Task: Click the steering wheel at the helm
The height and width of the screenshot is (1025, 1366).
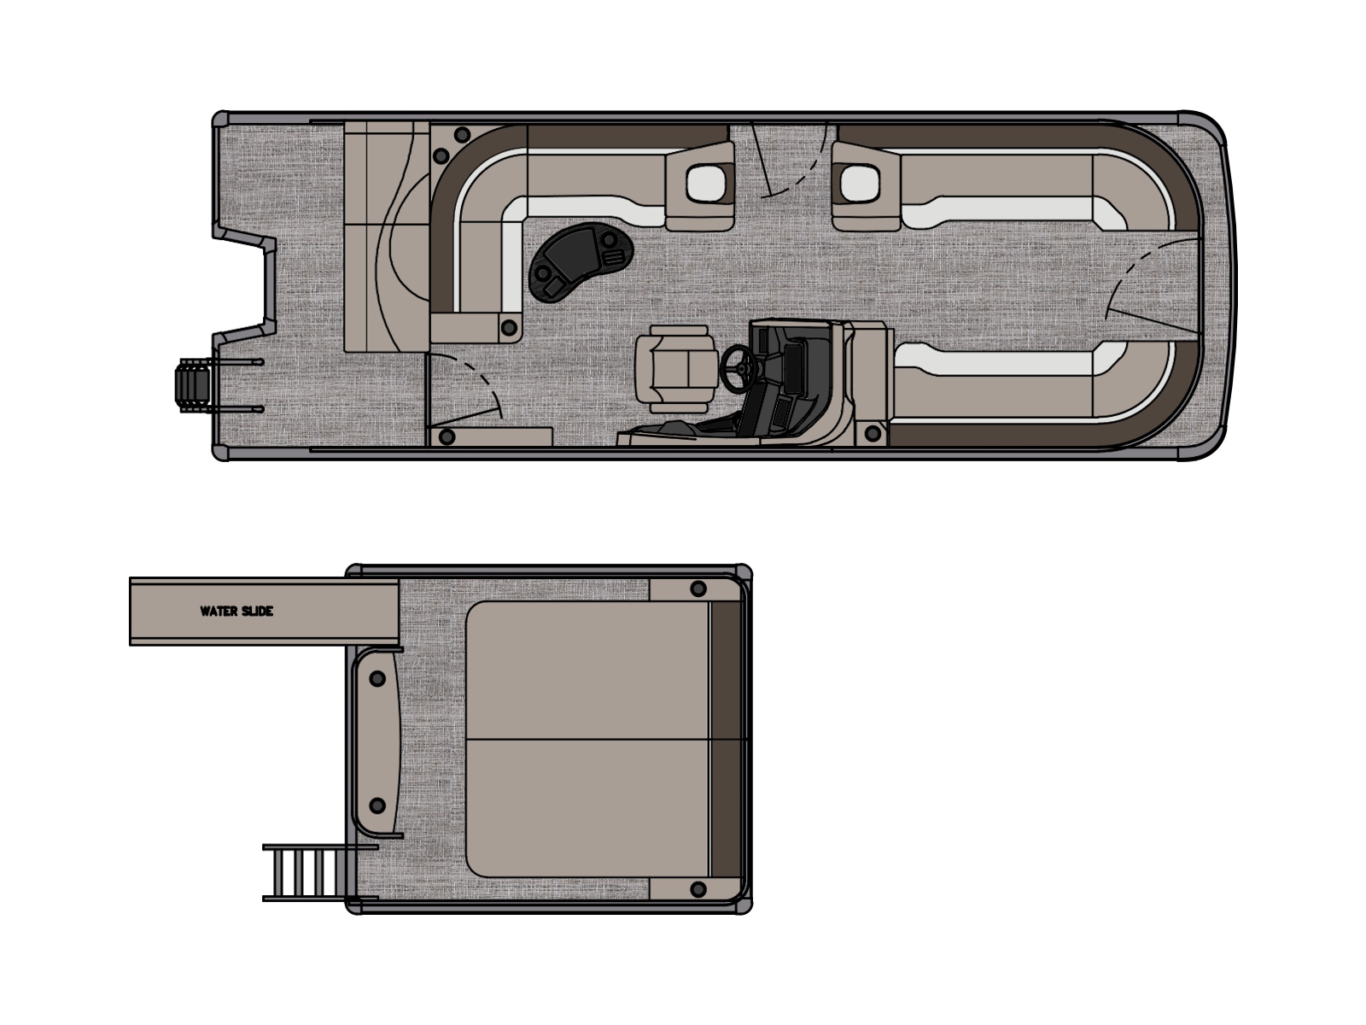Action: tap(738, 368)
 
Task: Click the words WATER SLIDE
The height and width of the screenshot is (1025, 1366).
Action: tap(236, 611)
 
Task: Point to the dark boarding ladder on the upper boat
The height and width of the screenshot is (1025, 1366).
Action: tap(194, 386)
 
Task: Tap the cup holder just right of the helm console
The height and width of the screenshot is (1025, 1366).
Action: tap(873, 433)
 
